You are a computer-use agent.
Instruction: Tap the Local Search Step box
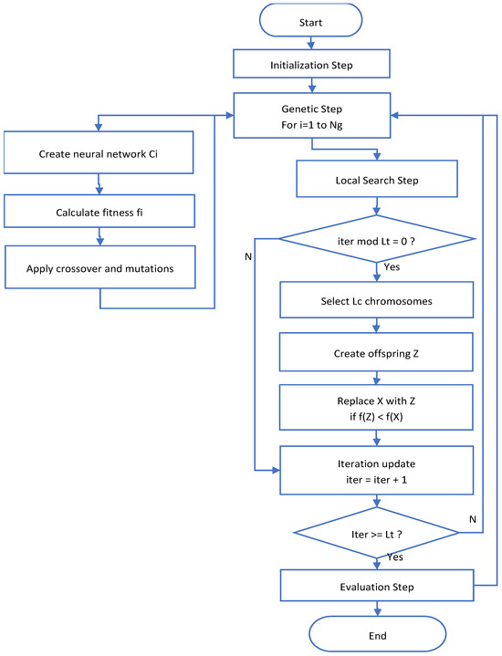click(376, 181)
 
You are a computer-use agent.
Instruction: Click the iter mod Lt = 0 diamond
click(376, 241)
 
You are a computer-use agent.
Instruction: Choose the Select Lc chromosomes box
click(376, 301)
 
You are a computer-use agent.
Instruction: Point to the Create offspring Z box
click(376, 352)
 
